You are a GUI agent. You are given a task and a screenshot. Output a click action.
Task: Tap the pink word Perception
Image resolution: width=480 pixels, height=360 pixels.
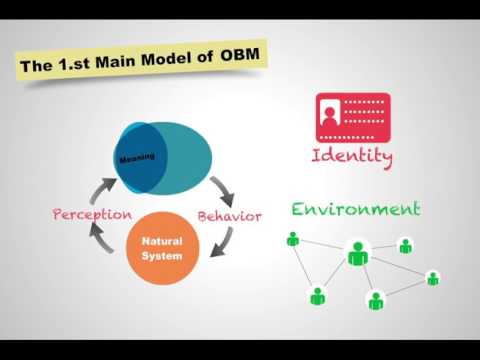coord(92,214)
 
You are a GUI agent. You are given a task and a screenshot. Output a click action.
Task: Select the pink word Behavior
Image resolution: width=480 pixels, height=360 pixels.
coord(229,216)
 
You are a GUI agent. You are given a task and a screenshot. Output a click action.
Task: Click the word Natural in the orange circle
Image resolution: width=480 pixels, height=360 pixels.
coord(161,242)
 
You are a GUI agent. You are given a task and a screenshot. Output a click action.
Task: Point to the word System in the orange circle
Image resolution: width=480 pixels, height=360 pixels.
coord(161,256)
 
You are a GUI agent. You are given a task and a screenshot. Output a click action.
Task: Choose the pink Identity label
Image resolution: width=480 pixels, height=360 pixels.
coord(352,157)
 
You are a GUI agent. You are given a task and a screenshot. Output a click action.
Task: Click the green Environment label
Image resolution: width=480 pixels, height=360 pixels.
coord(355,209)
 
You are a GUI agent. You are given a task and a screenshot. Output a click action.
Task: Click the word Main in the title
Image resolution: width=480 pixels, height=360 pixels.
coord(118,63)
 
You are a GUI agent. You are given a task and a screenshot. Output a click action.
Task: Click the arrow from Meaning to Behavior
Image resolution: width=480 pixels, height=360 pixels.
coord(221,186)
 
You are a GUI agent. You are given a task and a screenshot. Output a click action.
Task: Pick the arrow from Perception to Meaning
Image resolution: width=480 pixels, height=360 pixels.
coord(103,188)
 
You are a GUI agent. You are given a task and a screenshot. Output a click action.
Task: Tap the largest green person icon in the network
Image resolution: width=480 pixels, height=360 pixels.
coord(357,253)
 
